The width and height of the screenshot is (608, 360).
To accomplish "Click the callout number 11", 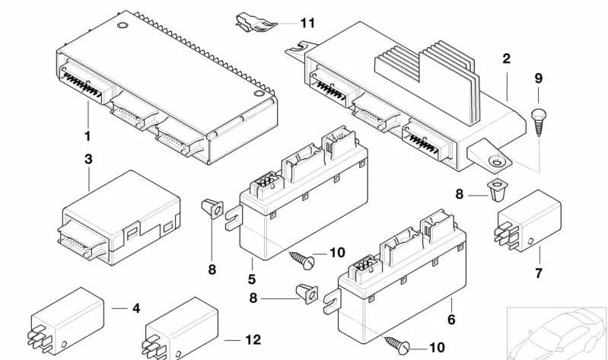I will (307, 24).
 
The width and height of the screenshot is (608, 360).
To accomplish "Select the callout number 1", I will (88, 137).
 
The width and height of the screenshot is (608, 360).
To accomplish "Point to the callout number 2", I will (506, 58).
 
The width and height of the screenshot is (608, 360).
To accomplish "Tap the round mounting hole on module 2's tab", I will (496, 161).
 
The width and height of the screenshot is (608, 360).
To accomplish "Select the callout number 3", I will (88, 160).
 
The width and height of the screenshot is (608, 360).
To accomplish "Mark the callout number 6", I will (451, 320).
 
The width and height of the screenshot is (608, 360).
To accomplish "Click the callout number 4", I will (136, 308).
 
